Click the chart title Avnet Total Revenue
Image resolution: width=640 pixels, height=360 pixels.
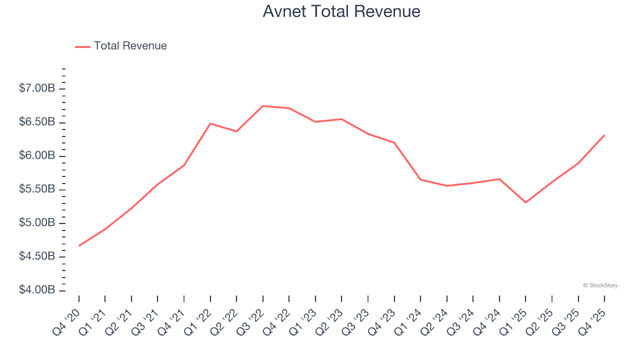tap(341, 11)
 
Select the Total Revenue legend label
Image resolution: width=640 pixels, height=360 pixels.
tap(130, 46)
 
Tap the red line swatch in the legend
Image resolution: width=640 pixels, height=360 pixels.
tap(83, 47)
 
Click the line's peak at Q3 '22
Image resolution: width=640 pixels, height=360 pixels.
tap(263, 106)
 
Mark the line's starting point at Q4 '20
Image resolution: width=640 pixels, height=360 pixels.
tap(79, 246)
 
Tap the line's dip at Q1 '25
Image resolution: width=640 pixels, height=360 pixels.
tap(525, 202)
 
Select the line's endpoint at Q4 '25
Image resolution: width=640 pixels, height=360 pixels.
tap(604, 135)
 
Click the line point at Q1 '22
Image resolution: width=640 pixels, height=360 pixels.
tap(210, 123)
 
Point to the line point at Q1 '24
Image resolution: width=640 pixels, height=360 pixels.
tap(420, 179)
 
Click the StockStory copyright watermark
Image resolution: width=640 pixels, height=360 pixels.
tap(600, 285)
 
